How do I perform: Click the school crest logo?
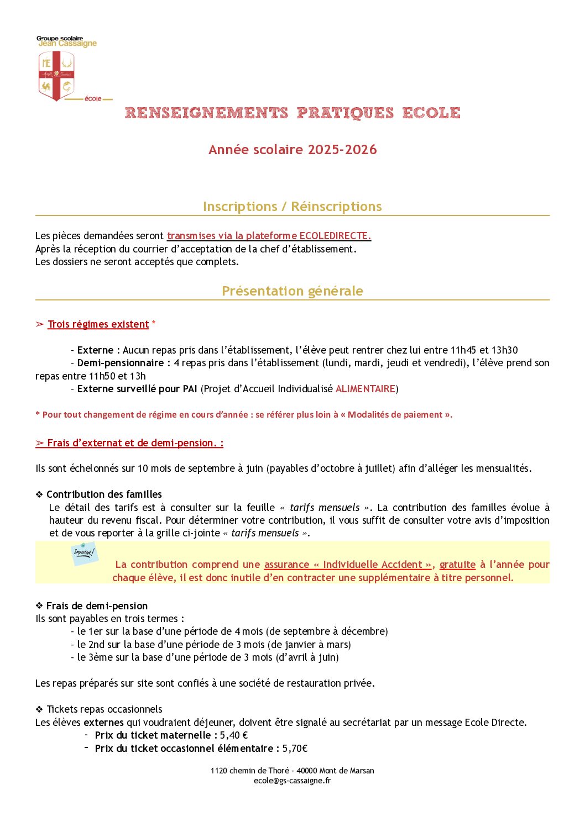point(56,76)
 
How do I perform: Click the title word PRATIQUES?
point(345,113)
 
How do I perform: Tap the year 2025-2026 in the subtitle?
point(342,150)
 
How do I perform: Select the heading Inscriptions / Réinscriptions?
point(292,207)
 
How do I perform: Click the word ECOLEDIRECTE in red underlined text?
point(335,236)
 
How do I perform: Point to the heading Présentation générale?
point(292,291)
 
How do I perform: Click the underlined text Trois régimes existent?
point(98,324)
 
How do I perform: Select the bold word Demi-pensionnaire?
point(120,363)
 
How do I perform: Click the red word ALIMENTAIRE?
point(365,389)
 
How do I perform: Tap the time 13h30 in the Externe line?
point(505,350)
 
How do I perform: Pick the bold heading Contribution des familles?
point(104,494)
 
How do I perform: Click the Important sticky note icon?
point(84,553)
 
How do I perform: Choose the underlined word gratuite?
point(457,565)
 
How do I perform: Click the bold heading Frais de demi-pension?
point(97,606)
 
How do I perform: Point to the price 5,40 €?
point(233,735)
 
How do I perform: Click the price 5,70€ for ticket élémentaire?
point(295,749)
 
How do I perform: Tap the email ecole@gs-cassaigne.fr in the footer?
point(292,781)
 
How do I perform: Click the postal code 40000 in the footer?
point(307,771)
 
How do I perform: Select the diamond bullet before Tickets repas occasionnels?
point(39,709)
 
